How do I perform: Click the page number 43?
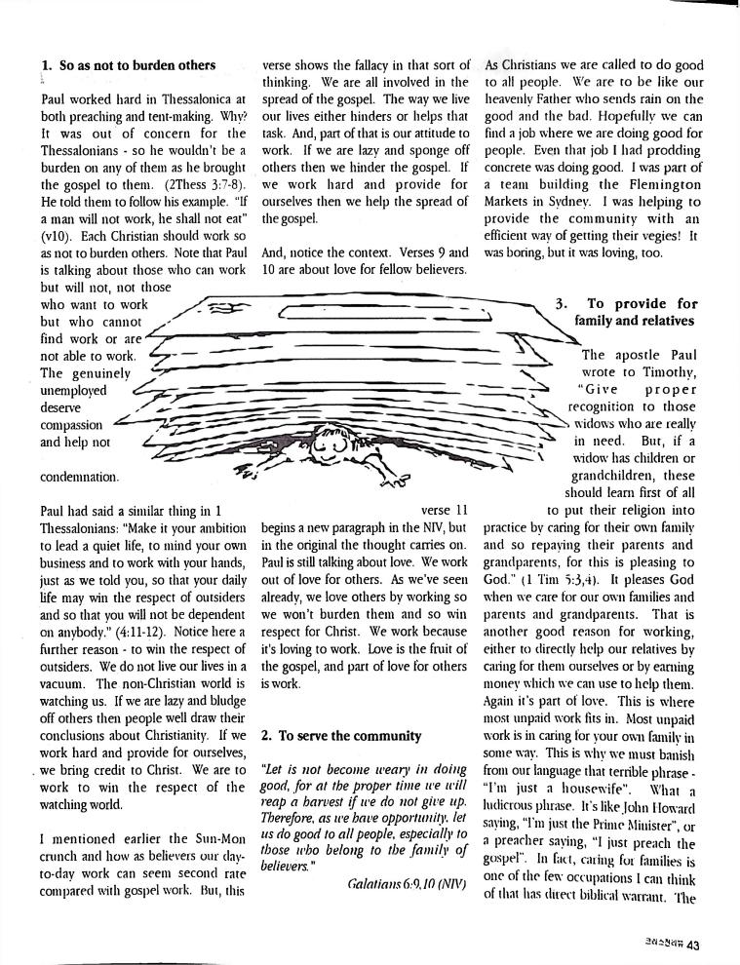692,944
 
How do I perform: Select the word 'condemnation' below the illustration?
80,478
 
